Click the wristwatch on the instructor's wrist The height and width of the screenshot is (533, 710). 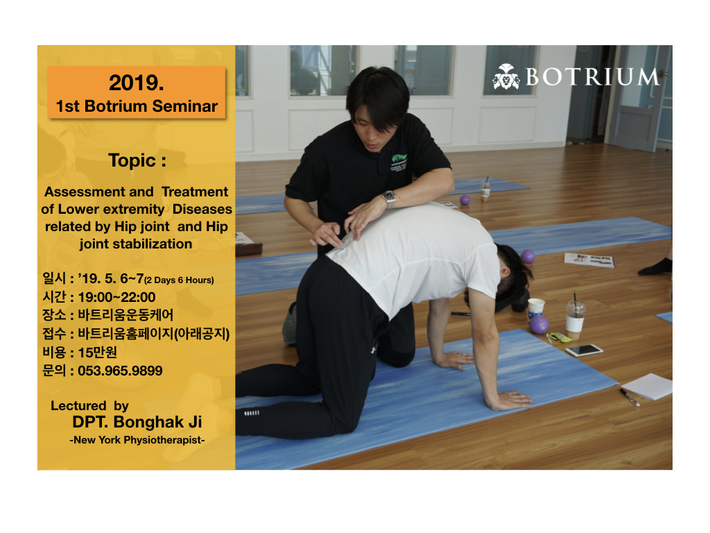(388, 198)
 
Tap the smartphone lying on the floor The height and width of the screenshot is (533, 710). (584, 350)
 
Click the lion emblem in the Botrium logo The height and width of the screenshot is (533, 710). (506, 76)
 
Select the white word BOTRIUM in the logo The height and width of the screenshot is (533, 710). (593, 76)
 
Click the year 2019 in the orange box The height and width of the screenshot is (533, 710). (137, 83)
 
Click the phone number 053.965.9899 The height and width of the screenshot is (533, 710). (120, 371)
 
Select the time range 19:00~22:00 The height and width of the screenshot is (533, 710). (116, 297)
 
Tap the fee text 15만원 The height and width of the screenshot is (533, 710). (97, 352)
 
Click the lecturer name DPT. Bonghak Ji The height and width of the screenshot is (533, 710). (137, 422)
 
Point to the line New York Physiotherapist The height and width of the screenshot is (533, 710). (137, 440)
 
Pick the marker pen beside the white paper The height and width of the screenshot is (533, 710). (630, 397)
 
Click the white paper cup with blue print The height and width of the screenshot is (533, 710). (536, 309)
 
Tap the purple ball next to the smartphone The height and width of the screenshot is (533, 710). (539, 325)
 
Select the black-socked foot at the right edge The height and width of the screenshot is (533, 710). (656, 266)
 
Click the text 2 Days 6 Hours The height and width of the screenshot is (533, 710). (179, 280)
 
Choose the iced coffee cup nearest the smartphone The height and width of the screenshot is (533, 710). (575, 317)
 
